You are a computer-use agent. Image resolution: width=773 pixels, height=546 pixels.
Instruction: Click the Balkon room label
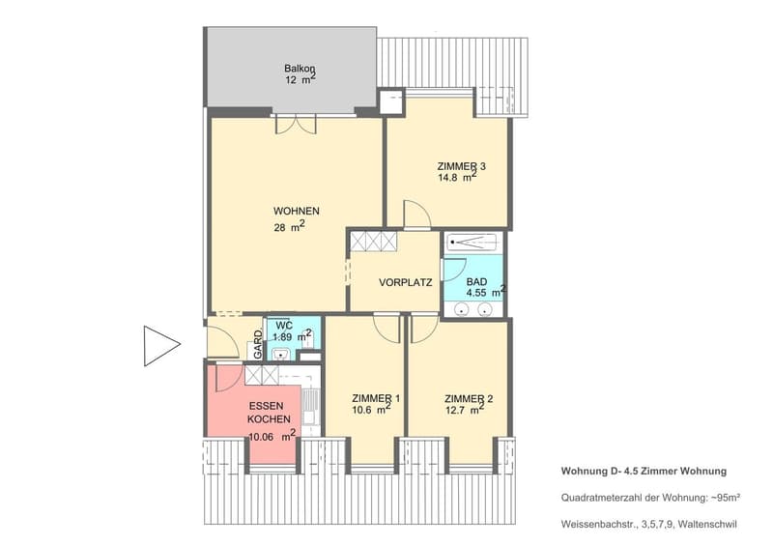click(300, 69)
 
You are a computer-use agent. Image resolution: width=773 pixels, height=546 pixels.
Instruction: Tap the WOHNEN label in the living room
click(297, 211)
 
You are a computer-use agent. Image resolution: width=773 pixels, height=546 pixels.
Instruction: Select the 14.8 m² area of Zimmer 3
click(457, 177)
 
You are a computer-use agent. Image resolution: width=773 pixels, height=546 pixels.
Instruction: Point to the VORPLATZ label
click(405, 282)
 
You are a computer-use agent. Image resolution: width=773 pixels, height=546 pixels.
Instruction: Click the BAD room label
click(476, 281)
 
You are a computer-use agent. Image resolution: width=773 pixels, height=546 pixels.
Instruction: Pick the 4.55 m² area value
click(486, 292)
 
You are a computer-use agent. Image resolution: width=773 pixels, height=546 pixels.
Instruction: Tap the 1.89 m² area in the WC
click(293, 336)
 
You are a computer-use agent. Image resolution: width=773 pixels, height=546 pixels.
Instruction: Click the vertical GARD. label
click(258, 344)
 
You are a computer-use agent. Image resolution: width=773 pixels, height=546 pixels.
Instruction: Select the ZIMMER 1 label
click(376, 398)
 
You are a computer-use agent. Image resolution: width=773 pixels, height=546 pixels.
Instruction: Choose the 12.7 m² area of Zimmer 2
click(465, 409)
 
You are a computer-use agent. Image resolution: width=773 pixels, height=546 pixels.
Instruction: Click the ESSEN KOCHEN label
click(269, 413)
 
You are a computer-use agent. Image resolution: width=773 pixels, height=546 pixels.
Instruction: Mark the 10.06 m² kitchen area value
click(272, 436)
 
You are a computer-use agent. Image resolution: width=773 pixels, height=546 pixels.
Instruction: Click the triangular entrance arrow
click(162, 346)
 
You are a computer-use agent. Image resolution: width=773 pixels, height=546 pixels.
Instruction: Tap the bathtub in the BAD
click(472, 243)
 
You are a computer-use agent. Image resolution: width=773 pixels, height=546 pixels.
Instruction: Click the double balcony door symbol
click(296, 124)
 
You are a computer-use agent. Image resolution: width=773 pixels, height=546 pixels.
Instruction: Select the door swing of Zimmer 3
click(417, 216)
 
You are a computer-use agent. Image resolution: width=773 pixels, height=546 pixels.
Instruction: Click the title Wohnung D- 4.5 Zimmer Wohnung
click(644, 471)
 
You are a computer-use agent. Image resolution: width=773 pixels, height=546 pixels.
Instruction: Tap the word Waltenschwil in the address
click(707, 524)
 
